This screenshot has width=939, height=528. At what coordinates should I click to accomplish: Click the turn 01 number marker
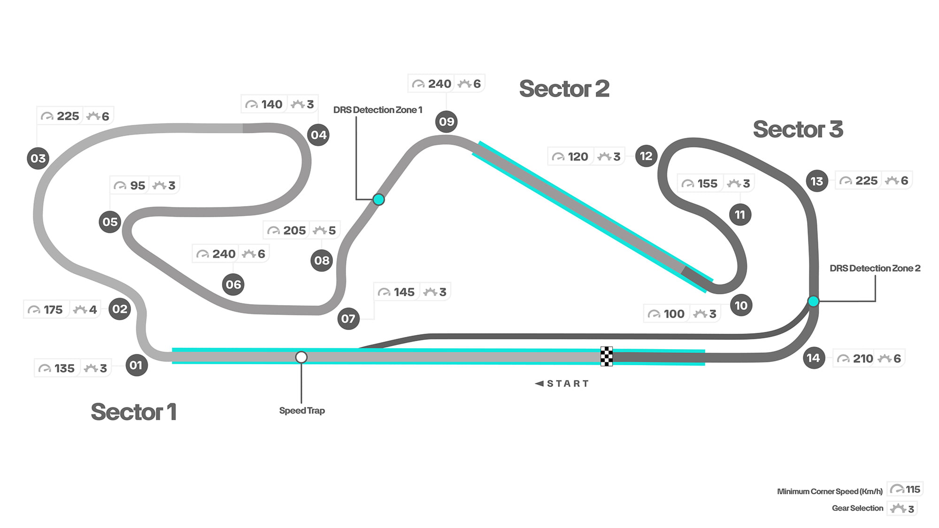pos(137,365)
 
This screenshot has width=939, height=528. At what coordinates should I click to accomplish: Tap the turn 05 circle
pos(110,222)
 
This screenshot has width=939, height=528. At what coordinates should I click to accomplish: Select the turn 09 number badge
pos(446,122)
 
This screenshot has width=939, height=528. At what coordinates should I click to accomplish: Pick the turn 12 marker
pos(646,156)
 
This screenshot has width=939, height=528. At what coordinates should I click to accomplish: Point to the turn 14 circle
pos(814,358)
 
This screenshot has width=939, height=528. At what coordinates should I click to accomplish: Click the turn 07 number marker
pos(348,319)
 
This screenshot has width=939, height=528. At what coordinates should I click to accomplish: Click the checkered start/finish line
pos(607,356)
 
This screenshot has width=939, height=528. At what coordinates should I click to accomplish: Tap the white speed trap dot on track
pos(301,358)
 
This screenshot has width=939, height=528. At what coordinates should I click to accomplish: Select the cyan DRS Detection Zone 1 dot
pos(378,199)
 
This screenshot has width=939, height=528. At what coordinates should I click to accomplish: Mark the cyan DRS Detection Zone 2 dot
pos(813,301)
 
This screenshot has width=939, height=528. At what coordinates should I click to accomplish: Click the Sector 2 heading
pos(564,89)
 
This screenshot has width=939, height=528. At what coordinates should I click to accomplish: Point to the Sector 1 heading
pos(133,412)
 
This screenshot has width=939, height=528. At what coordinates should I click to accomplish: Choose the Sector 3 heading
pos(798,129)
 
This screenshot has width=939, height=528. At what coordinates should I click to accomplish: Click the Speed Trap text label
pos(302,411)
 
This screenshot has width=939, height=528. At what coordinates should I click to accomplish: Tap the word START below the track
pos(568,383)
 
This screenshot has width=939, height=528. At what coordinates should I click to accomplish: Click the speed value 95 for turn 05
pos(138,185)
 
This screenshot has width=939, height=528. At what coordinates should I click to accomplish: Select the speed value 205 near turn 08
pos(294,230)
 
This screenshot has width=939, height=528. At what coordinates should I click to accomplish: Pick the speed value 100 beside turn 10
pos(674,314)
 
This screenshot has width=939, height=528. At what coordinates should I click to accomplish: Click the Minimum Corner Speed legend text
pos(830,491)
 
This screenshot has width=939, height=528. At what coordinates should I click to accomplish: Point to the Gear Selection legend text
pos(857,508)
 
